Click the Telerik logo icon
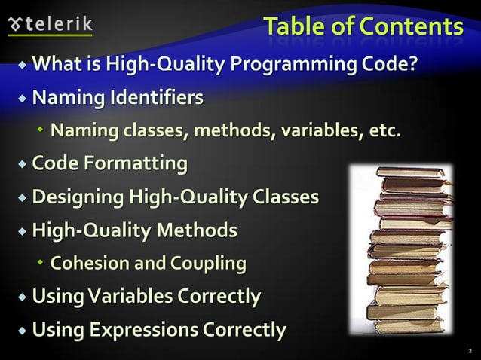(15, 24)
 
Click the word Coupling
(209, 264)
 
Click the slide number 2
(468, 350)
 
